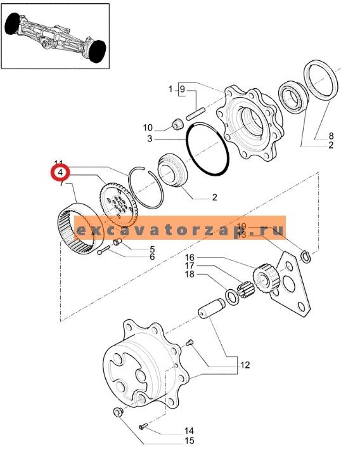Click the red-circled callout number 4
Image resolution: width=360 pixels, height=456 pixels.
pos(59,173)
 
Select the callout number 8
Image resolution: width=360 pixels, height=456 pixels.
pos(330,136)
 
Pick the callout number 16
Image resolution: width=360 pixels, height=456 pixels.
pos(190,258)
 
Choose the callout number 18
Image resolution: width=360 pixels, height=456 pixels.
pos(190,275)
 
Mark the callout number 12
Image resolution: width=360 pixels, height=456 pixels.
pos(244,365)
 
